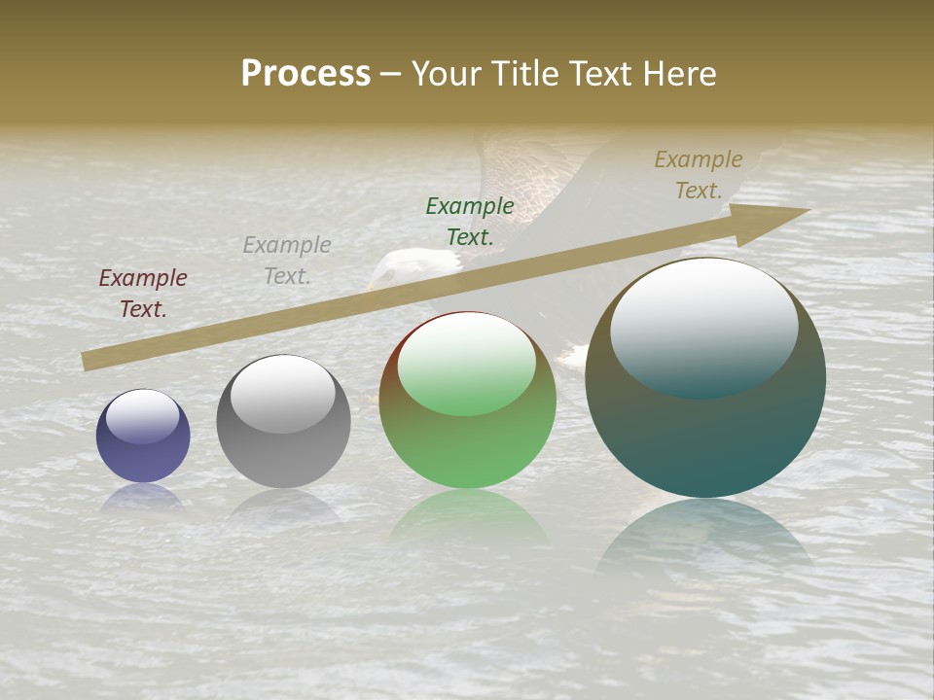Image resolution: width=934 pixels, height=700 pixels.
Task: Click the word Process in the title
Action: [x=305, y=74]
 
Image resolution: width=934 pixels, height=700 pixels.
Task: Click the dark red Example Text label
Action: [x=143, y=293]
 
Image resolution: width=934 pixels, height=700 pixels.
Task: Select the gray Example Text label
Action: [x=287, y=260]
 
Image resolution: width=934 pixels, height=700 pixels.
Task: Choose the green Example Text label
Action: [x=470, y=221]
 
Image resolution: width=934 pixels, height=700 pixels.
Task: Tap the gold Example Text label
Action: [x=699, y=175]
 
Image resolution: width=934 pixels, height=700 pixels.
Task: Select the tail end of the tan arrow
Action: [x=90, y=361]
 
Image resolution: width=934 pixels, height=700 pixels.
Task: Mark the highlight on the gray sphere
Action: [x=282, y=394]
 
